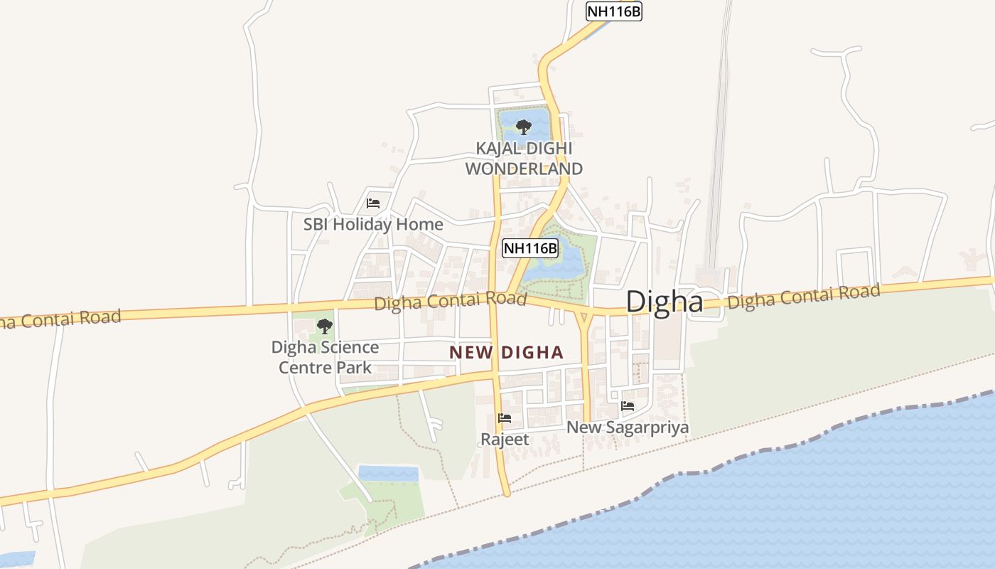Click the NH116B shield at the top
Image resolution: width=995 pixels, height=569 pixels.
click(x=613, y=11)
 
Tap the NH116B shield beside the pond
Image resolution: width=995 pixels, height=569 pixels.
click(x=530, y=248)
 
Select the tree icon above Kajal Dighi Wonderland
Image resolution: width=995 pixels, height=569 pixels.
click(x=524, y=127)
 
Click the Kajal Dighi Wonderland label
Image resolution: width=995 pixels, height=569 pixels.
click(x=524, y=159)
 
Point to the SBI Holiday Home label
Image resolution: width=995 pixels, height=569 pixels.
click(x=373, y=224)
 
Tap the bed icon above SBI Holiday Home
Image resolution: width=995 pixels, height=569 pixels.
click(x=373, y=203)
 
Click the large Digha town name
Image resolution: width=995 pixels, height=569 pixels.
click(x=665, y=302)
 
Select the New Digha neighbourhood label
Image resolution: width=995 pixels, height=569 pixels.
click(x=506, y=352)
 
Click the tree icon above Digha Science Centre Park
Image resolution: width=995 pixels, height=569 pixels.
click(x=325, y=326)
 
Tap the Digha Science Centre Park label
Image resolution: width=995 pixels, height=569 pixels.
click(x=325, y=357)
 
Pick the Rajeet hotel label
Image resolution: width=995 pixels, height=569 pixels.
click(x=505, y=440)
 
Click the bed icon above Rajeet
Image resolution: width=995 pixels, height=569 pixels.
click(x=505, y=418)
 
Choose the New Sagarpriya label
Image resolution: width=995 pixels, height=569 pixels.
click(x=628, y=427)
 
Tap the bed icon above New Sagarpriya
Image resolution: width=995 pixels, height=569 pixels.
click(x=628, y=406)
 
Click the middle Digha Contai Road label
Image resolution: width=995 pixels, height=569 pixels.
click(x=450, y=301)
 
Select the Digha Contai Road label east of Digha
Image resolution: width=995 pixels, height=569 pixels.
click(x=804, y=296)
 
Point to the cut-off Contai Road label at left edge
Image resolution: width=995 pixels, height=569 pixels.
click(x=60, y=319)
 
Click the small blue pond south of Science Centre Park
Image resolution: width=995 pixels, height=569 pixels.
click(x=388, y=473)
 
